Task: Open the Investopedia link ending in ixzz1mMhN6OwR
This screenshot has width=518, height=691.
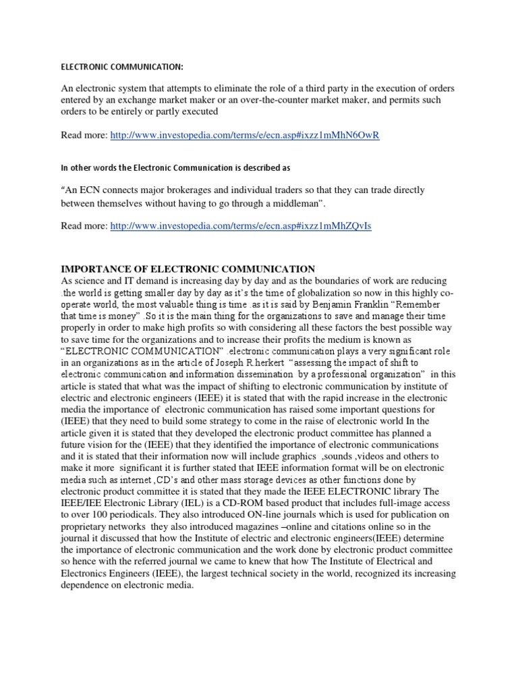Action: point(245,136)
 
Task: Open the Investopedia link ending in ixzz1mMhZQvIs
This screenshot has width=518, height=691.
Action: point(241,227)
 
